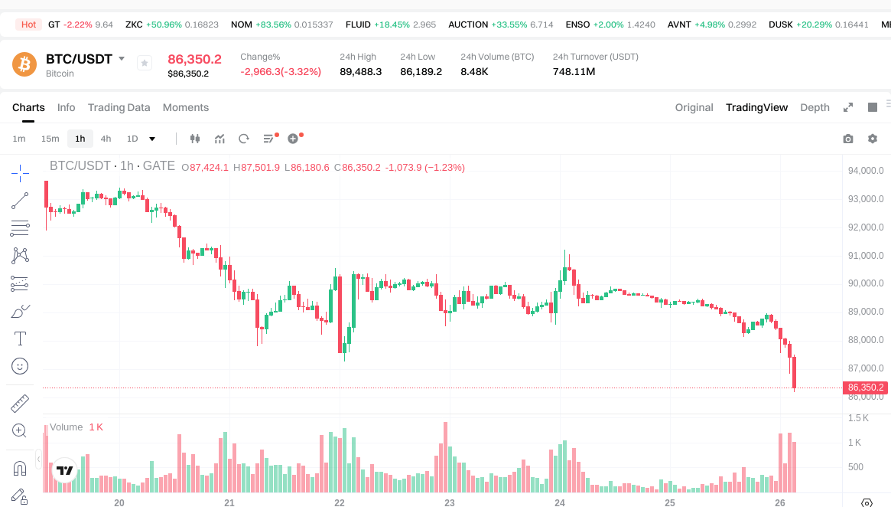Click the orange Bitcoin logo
(x=24, y=64)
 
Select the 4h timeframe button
(x=106, y=139)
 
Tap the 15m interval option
(x=50, y=139)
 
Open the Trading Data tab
(x=119, y=107)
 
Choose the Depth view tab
(x=815, y=107)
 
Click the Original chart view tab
(x=694, y=107)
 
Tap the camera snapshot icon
(x=847, y=139)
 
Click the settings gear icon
(x=873, y=139)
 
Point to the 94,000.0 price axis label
(x=866, y=171)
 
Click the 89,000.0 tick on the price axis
(x=866, y=312)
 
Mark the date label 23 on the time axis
(x=450, y=502)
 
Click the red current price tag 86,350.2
(x=866, y=388)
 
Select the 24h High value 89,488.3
(x=360, y=72)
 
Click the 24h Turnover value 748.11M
(x=574, y=72)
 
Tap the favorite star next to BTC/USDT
(x=144, y=64)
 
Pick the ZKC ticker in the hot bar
(x=134, y=25)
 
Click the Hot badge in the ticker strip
(x=29, y=25)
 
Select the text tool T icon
(x=20, y=339)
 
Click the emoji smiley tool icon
(x=20, y=366)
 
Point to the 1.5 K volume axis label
(x=859, y=418)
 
